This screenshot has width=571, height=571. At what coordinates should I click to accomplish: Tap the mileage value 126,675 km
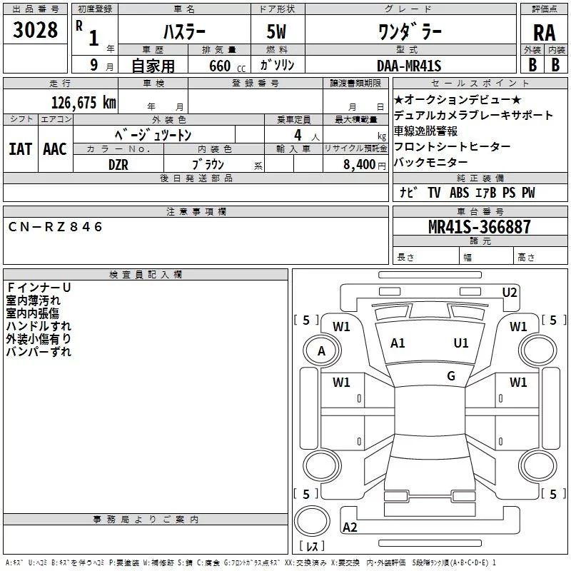coord(84,103)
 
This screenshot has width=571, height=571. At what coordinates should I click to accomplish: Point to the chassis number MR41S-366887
coord(480,227)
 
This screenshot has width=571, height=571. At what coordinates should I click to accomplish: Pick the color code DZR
coord(118,164)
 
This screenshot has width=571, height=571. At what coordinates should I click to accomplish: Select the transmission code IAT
coord(21,149)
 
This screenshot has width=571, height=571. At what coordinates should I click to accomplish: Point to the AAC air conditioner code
coord(55,149)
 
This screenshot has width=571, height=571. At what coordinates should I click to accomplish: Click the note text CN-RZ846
coord(56,227)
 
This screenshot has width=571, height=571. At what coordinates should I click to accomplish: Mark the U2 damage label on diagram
coord(510,292)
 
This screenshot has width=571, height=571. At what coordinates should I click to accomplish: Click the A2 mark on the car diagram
coord(350,527)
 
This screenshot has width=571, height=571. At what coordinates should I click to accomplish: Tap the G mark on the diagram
coord(451,376)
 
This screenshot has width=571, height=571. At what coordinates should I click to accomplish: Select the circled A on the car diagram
coord(321,350)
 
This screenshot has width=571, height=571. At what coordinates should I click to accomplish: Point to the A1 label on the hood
coord(398,343)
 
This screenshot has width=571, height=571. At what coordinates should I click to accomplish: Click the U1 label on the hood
coord(461,343)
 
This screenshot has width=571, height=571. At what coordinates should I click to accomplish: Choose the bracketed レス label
coord(311,547)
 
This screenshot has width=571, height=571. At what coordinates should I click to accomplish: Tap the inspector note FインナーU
coord(39,288)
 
